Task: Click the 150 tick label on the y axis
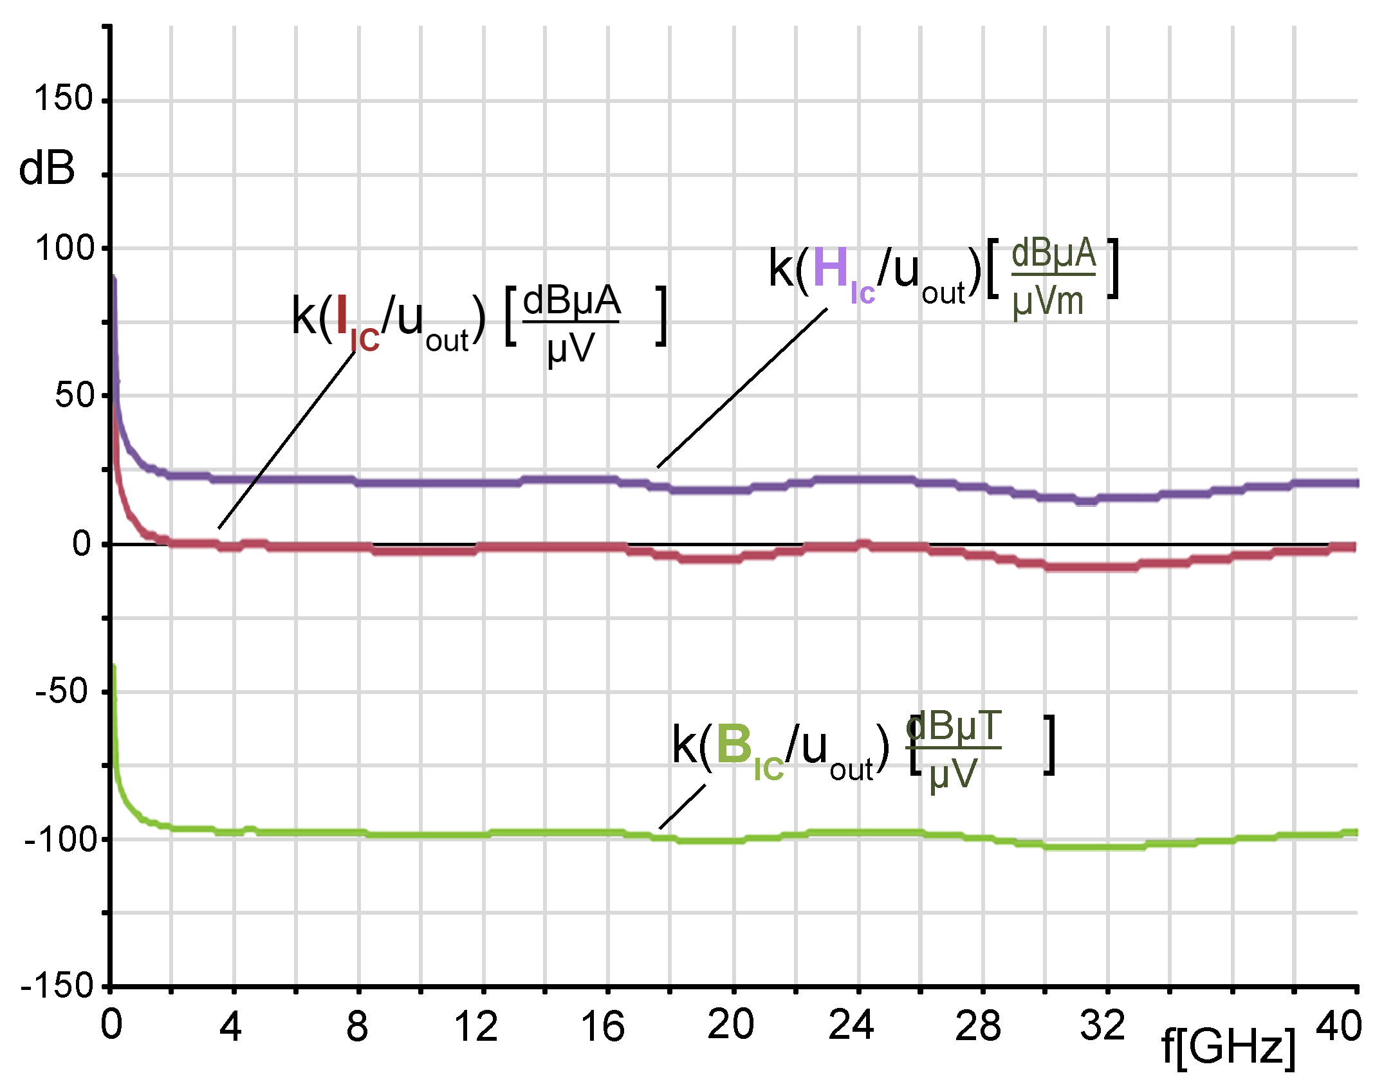coord(64,100)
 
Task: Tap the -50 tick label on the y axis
coord(61,692)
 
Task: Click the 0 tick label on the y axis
coord(82,544)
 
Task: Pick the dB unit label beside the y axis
coord(46,169)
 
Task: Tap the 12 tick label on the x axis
coord(475,1027)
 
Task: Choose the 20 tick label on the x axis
coord(730,1024)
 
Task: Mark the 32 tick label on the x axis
coord(1102,1025)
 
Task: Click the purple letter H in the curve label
coord(831,268)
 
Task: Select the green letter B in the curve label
coord(734,745)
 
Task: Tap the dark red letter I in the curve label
coord(342,316)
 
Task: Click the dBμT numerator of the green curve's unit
coord(954,727)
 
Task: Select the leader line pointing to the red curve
coord(287,440)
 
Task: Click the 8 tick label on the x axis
coord(357,1027)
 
